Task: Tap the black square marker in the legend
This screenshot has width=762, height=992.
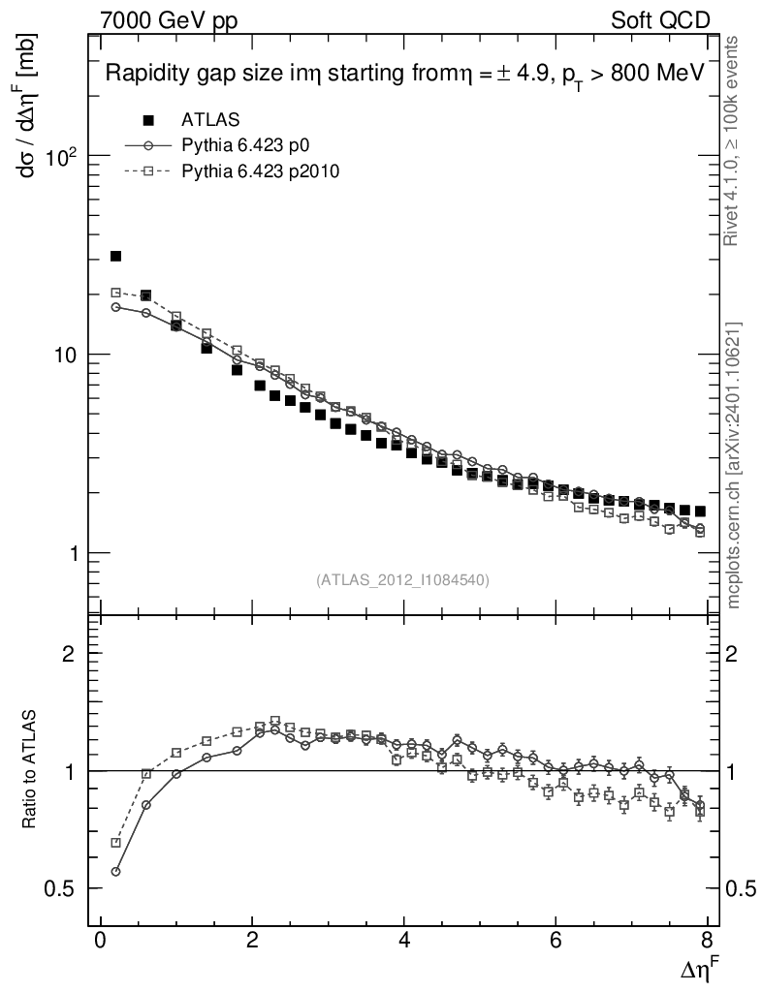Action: tap(148, 120)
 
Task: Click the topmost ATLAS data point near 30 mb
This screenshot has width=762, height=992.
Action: tap(115, 256)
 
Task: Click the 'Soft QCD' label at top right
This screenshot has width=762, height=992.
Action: tap(661, 19)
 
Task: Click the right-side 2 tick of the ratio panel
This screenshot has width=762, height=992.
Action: tap(734, 653)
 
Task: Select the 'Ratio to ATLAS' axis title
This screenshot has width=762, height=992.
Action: tap(29, 770)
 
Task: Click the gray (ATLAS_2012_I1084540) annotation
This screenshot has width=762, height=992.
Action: tap(402, 580)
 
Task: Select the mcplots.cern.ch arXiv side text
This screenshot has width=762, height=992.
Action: tap(734, 465)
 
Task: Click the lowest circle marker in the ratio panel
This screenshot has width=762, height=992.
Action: tap(115, 872)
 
